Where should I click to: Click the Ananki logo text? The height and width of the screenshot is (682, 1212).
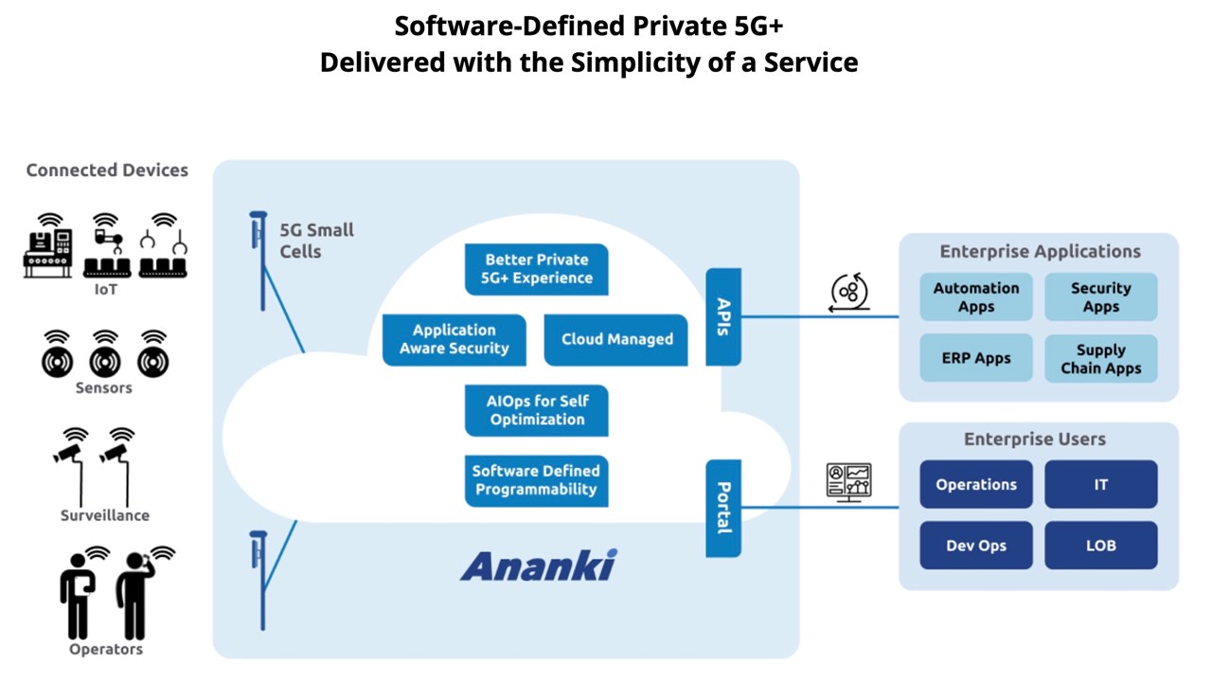538,565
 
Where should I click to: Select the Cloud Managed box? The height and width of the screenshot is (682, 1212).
616,339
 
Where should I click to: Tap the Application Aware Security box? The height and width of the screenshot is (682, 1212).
454,339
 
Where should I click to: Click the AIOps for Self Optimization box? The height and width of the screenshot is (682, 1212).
536,410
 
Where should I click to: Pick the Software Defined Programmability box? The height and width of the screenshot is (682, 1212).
536,480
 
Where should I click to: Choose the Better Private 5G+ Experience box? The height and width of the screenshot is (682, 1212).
536,269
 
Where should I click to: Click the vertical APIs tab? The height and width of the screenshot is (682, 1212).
723,316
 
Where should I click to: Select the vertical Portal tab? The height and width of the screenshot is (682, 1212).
723,508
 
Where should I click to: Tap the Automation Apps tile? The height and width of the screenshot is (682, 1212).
975,297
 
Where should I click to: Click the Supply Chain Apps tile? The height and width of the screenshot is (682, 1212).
1100,359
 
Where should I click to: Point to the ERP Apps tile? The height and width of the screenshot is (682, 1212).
975,359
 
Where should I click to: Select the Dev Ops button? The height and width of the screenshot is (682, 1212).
975,546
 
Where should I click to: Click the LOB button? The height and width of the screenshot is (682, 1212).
1100,546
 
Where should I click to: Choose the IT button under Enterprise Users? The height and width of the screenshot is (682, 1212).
1100,484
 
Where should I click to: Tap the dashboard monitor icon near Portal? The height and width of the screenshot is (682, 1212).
848,481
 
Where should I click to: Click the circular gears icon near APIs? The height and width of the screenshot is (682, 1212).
849,293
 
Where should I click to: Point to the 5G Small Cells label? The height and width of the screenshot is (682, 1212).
316,241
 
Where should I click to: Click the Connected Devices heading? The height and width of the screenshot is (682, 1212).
107,170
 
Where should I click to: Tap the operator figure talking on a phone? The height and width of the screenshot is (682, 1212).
134,595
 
